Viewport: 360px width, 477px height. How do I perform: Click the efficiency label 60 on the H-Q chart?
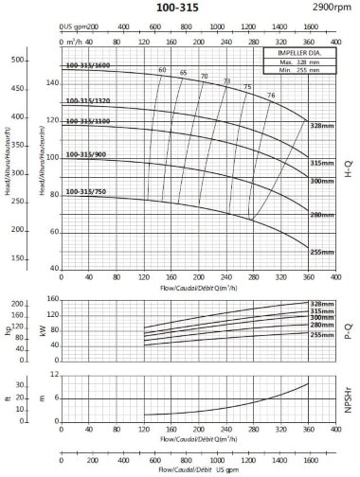tap(162, 71)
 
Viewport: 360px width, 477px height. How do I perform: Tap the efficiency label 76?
tap(271, 96)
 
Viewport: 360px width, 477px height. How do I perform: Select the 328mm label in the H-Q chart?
tap(323, 126)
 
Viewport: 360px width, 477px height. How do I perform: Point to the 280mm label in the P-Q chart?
tap(323, 326)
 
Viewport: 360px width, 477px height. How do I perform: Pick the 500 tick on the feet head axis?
tap(16, 60)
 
